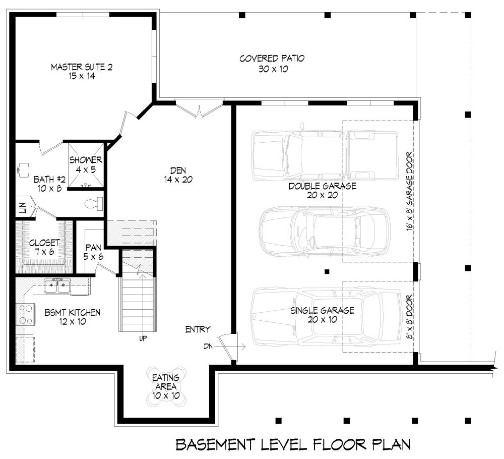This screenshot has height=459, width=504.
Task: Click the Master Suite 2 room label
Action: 82,72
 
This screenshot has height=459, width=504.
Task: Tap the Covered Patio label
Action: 272,64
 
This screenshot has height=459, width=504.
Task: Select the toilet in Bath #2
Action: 94,204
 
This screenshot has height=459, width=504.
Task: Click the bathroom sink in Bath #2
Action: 23,170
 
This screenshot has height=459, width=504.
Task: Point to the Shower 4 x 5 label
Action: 86,165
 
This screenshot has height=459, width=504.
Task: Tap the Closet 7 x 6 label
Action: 44,247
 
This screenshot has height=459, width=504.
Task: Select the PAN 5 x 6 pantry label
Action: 93,252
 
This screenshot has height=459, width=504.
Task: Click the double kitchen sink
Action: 57,285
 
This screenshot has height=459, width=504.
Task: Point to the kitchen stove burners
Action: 26,314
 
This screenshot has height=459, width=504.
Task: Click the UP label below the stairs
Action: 143,338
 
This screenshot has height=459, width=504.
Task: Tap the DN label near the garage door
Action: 208,347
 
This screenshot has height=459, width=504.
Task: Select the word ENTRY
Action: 198,329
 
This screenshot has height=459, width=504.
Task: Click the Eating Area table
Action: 166,386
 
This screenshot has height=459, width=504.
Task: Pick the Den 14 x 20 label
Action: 178,175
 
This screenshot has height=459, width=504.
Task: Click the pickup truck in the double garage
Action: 325,155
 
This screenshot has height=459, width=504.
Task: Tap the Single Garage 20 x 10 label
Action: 322,315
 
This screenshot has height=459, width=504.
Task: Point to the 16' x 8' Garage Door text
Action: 409,191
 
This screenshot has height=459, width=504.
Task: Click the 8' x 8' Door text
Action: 409,317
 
